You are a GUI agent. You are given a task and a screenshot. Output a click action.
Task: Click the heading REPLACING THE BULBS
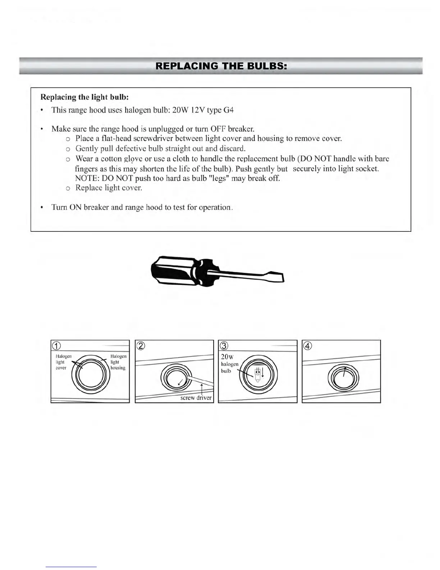tap(221, 66)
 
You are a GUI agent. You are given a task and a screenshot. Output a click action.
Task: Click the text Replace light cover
tap(109, 188)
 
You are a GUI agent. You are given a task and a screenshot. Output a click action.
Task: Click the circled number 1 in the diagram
tap(56, 346)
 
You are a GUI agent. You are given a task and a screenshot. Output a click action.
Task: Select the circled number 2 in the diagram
tap(141, 346)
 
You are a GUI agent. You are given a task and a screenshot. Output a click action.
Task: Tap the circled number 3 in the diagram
tap(224, 346)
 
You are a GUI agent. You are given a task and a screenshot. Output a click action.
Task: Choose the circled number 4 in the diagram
tap(308, 346)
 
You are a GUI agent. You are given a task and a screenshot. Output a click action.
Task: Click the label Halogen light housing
tap(118, 362)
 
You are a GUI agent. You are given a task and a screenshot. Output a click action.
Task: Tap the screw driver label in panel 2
tap(196, 398)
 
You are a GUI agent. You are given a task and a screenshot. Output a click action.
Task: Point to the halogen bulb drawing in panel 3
tap(257, 375)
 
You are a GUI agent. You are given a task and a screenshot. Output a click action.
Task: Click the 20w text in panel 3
tap(227, 357)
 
